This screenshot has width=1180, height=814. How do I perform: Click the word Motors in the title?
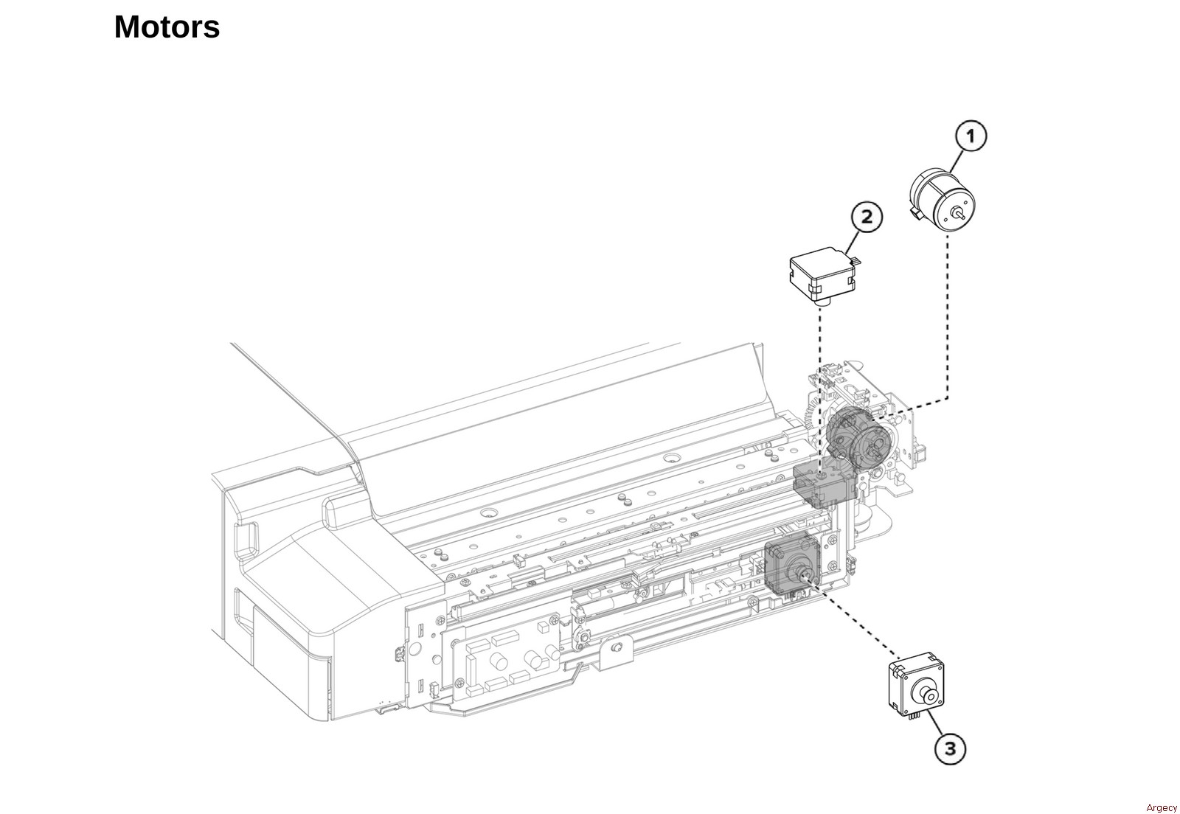167,28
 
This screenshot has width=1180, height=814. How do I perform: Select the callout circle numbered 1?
971,136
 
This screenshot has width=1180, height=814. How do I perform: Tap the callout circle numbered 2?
867,217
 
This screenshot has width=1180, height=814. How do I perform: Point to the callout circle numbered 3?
950,748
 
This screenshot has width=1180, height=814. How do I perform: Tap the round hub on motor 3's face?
926,694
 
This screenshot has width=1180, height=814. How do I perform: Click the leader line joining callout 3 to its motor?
934,724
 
